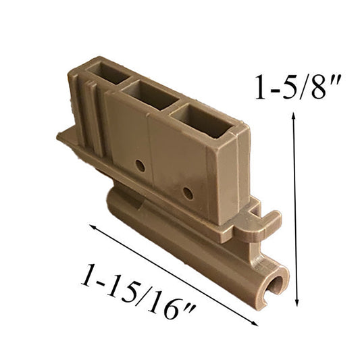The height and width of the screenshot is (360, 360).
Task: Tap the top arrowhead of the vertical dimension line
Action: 293,116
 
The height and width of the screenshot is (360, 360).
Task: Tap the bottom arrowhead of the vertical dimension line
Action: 297,303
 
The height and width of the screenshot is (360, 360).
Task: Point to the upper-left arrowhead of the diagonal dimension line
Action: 93,227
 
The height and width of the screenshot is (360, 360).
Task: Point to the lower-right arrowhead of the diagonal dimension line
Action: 255,324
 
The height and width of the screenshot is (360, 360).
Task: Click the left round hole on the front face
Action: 140,166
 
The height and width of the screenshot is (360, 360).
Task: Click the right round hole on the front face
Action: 188,193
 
